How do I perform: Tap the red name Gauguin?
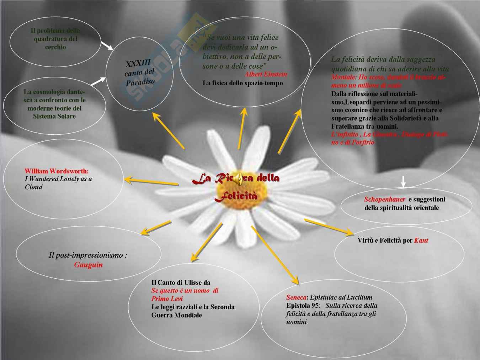pyautogui.click(x=88, y=265)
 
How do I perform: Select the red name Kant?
pyautogui.click(x=421, y=241)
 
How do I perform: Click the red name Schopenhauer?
pyautogui.click(x=385, y=199)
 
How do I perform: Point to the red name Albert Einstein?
pyautogui.click(x=266, y=74)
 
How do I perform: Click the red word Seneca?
pyautogui.click(x=296, y=297)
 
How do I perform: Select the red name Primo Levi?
pyautogui.click(x=167, y=299)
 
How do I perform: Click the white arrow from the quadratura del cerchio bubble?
pyautogui.click(x=107, y=45)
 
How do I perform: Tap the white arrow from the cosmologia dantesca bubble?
pyautogui.click(x=98, y=81)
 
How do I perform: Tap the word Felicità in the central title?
pyautogui.click(x=236, y=196)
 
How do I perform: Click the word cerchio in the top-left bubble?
pyautogui.click(x=55, y=47)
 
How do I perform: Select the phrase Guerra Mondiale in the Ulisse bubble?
pyautogui.click(x=176, y=315)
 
